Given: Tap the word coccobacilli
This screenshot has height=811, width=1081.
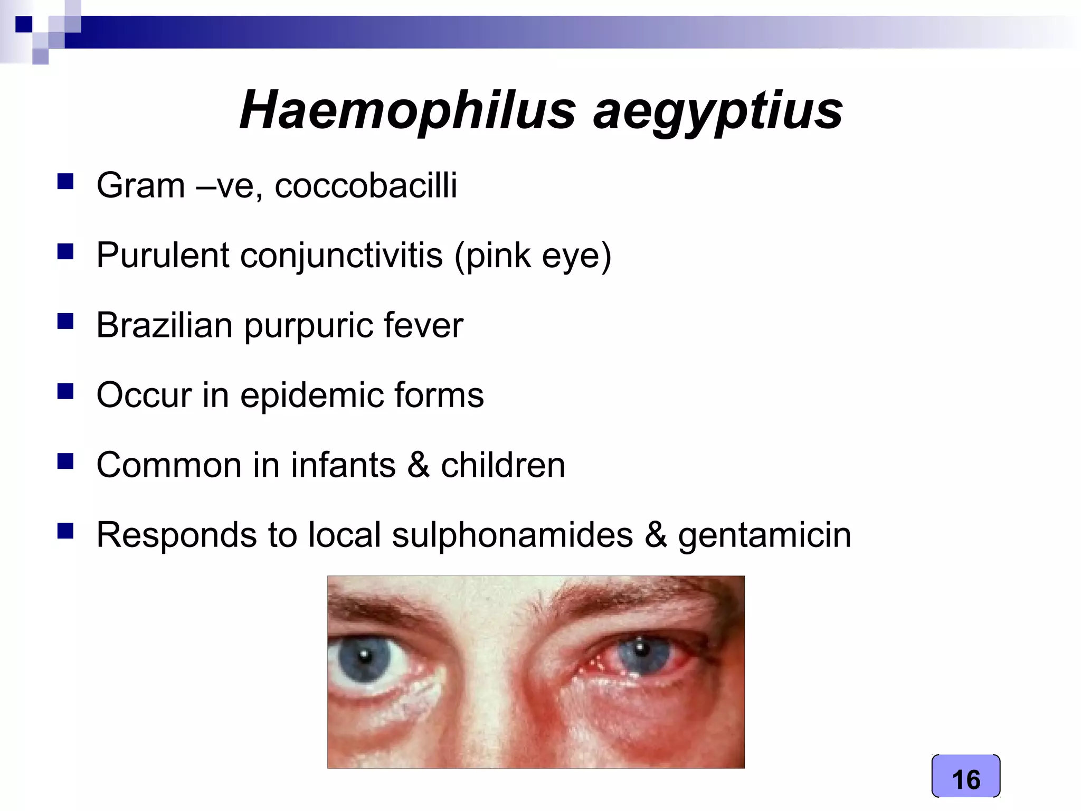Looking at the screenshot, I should coord(366,185).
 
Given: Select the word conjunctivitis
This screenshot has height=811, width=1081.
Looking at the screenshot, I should coord(342,256).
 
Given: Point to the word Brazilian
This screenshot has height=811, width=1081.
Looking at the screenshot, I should coord(164,325).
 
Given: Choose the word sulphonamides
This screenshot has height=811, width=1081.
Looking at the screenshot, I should coord(512,535).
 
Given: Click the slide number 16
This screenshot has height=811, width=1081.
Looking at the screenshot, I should coord(966,779).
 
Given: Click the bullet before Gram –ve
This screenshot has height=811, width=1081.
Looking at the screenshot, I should coord(65,182).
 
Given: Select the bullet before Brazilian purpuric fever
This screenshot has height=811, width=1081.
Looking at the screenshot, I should coord(65,321).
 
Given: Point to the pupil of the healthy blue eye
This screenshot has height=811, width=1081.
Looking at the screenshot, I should coord(364,656).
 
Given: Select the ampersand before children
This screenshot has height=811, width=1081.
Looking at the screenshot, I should coord(418,465).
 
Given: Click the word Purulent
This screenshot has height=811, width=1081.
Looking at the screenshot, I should coord(163,256).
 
